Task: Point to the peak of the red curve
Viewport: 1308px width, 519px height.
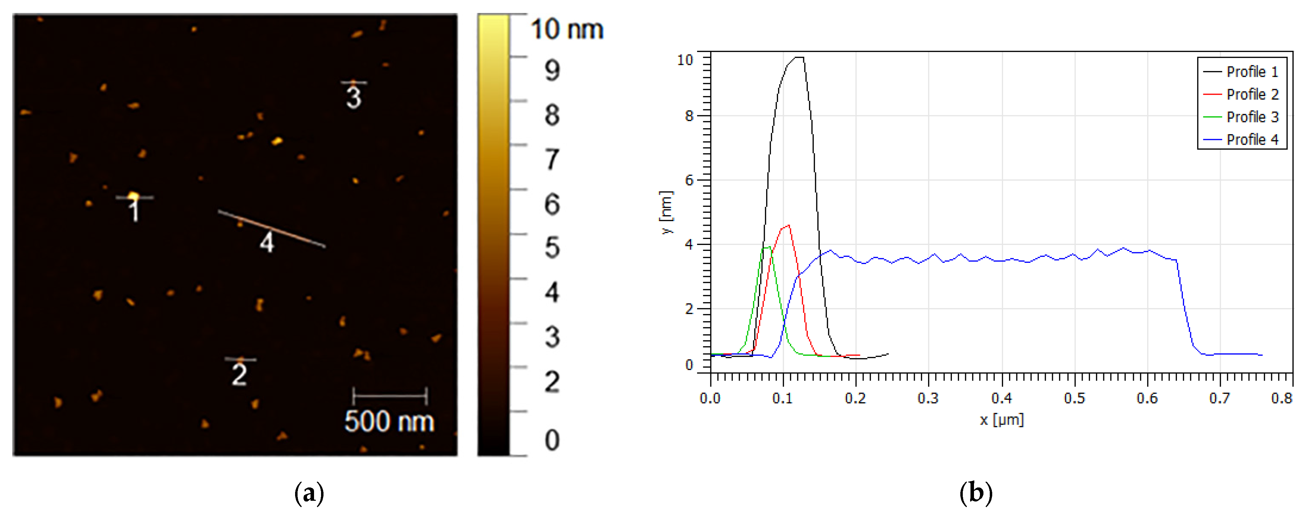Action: (788, 225)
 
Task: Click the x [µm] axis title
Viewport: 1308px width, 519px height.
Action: (1001, 420)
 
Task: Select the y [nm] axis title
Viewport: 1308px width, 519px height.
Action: (666, 212)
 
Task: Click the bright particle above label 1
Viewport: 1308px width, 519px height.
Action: (133, 196)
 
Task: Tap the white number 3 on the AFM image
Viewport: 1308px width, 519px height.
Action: (354, 97)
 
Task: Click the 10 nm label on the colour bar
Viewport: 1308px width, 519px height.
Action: (567, 29)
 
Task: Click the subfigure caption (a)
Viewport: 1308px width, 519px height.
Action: (309, 493)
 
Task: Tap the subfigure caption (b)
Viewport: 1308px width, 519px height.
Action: (975, 493)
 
